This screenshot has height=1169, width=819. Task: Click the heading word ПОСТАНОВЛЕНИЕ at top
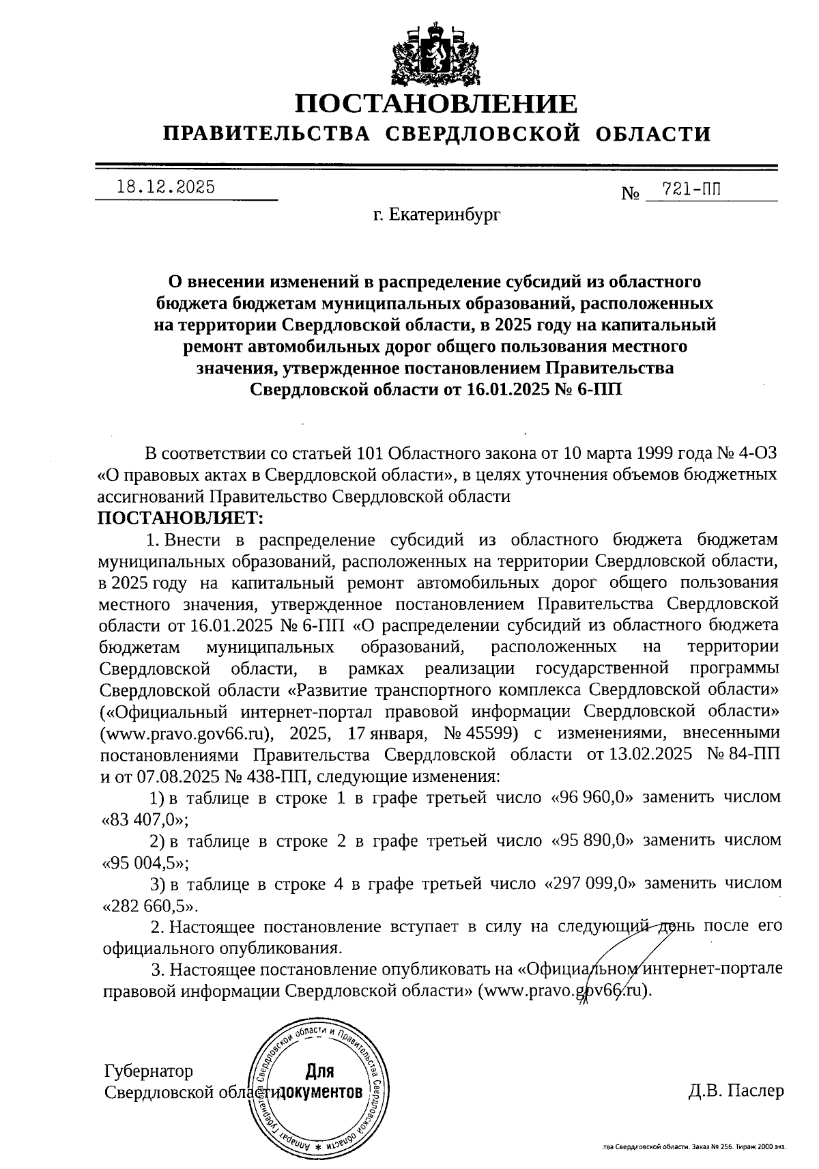[x=435, y=104]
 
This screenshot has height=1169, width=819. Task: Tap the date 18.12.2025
[x=166, y=187]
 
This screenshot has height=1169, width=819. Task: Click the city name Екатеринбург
[x=445, y=216]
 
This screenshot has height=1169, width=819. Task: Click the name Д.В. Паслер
[x=736, y=1090]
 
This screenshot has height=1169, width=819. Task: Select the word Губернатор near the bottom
[x=148, y=1070]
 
